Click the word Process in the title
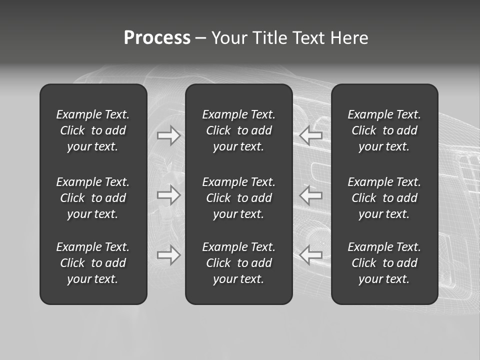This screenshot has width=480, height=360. click(157, 38)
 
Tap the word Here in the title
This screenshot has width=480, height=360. click(349, 38)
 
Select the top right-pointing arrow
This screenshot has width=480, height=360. click(169, 135)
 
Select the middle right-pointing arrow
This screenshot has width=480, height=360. click(169, 195)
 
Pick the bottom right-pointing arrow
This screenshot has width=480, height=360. click(169, 255)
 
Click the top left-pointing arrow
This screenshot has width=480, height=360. click(311, 135)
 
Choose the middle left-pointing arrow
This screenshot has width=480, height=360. click(311, 195)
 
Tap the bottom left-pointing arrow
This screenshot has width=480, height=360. click(311, 255)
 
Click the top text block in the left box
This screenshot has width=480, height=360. click(93, 130)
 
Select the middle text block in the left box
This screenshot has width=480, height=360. click(93, 198)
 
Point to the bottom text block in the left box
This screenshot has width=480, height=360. click(93, 263)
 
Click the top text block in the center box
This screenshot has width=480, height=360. click(238, 130)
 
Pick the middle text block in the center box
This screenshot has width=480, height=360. click(238, 198)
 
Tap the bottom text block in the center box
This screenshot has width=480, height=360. click(238, 263)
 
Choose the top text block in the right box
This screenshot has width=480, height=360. click(384, 130)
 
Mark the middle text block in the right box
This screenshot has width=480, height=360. click(384, 198)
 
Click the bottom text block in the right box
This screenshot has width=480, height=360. click(384, 263)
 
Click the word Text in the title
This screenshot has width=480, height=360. click(308, 38)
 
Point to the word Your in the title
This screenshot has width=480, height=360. click(229, 38)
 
